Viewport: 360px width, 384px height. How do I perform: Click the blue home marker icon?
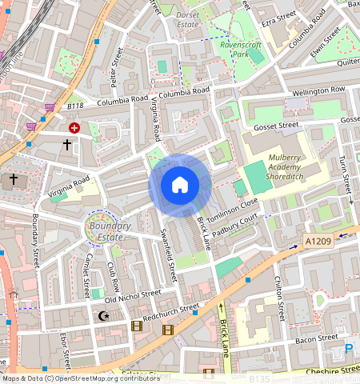(x=180, y=185)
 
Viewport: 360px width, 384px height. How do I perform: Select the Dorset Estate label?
(x=189, y=19)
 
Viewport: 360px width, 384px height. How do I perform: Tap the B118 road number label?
(x=75, y=106)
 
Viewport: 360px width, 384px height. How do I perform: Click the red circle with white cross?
(x=74, y=127)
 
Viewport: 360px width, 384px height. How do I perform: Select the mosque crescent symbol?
(x=102, y=317)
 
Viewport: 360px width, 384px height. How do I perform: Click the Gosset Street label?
(x=275, y=126)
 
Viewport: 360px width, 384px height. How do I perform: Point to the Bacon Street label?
(x=317, y=338)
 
